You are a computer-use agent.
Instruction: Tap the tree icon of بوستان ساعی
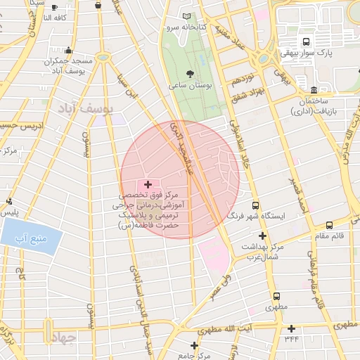pyautogui.click(x=189, y=73)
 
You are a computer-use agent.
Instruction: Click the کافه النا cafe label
pyautogui.click(x=56, y=17)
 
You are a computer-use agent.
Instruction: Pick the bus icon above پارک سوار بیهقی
pyautogui.click(x=307, y=41)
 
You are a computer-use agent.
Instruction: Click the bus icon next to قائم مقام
pyautogui.click(x=330, y=225)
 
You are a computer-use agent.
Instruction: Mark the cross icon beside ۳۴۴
pyautogui.click(x=292, y=329)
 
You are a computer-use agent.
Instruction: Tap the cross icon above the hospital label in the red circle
pyautogui.click(x=148, y=184)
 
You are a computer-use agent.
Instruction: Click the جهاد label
pyautogui.click(x=62, y=338)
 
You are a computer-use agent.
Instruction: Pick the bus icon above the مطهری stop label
pyautogui.click(x=276, y=297)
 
